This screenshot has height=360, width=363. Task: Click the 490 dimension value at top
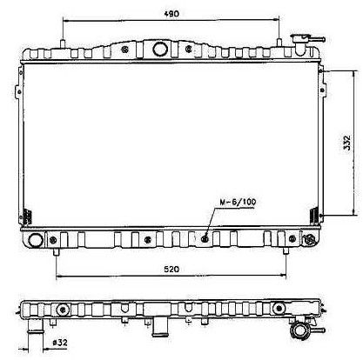[x=171, y=14]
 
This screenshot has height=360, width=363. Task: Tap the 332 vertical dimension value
[x=346, y=143]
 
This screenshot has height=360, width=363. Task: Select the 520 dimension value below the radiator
[x=171, y=270]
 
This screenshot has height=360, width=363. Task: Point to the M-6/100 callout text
[x=238, y=202]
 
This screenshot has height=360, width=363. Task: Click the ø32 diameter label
[x=60, y=343]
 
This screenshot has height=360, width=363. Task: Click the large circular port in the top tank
[x=160, y=49]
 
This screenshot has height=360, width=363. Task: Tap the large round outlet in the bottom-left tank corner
[x=36, y=240]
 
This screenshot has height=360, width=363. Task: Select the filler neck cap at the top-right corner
[x=303, y=43]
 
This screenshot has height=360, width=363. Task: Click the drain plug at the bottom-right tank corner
[x=308, y=239]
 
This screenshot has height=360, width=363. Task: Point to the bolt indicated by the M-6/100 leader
[x=205, y=239]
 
